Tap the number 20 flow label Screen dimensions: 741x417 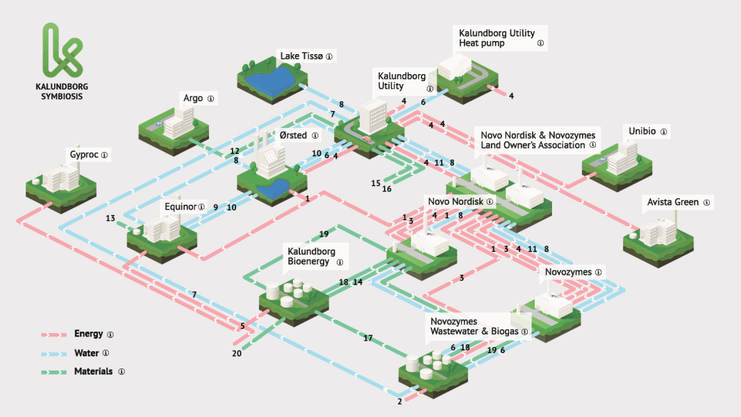tap(237, 353)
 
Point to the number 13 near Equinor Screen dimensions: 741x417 tap(110, 218)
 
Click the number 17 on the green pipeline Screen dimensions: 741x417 tap(367, 338)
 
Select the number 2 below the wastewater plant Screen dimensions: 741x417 tap(400, 402)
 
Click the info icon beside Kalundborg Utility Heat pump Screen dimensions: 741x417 tap(540, 43)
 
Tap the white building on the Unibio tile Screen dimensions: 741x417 tap(622, 158)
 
